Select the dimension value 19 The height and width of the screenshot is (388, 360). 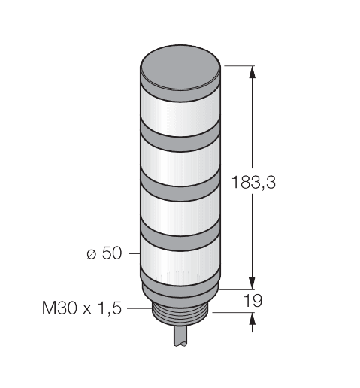[254, 301]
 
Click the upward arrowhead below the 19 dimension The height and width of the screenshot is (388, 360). [252, 319]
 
